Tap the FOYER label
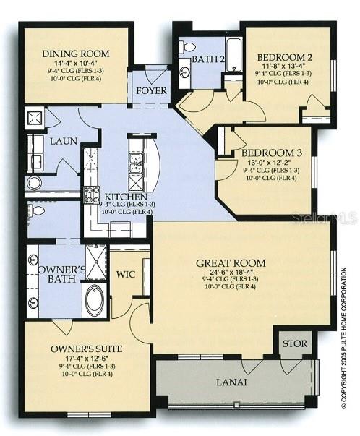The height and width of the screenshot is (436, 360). [x=152, y=92]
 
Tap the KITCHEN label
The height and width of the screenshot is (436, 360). [x=126, y=197]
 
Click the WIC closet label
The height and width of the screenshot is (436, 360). [x=128, y=274]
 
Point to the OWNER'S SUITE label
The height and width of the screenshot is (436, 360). [x=86, y=349]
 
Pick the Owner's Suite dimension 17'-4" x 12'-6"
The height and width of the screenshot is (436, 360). [x=86, y=359]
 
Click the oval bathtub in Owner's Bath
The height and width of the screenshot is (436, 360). [x=95, y=300]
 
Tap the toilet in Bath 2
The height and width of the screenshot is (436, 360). [x=188, y=48]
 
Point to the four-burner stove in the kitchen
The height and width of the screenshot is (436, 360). [x=92, y=194]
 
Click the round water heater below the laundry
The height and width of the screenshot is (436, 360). [x=34, y=182]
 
